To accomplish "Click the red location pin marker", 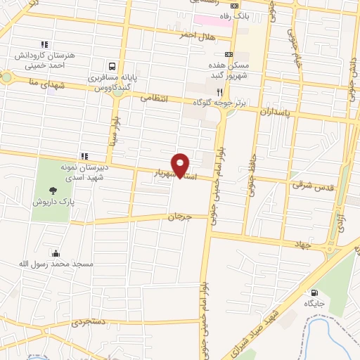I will pyautogui.click(x=181, y=165).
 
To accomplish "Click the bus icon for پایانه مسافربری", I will pyautogui.click(x=111, y=62).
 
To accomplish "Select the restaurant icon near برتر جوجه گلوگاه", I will pyautogui.click(x=220, y=92).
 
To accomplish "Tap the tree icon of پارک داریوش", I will pyautogui.click(x=53, y=190).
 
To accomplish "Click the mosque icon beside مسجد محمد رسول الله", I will pyautogui.click(x=56, y=254).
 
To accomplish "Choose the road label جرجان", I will pyautogui.click(x=179, y=217).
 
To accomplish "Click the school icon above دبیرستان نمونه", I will pyautogui.click(x=84, y=156).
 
